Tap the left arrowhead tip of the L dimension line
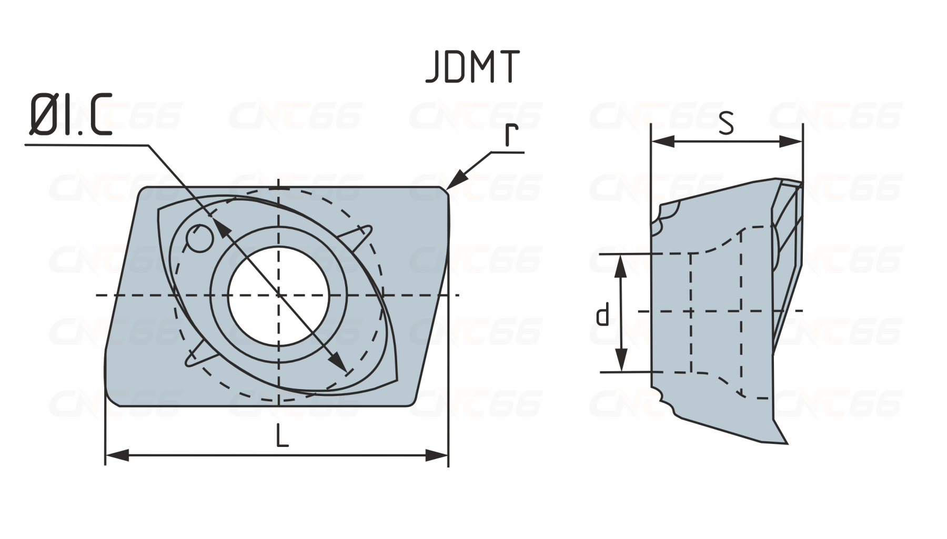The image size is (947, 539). (106, 455)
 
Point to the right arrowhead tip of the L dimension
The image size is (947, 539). (448, 455)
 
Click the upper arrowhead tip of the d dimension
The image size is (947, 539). (621, 255)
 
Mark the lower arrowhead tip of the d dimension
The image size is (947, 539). (621, 372)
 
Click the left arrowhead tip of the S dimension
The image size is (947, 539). (652, 141)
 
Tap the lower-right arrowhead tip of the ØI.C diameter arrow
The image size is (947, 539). (347, 371)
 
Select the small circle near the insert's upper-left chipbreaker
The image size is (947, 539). (200, 238)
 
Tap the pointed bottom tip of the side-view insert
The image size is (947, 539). (787, 443)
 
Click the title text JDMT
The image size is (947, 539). (472, 67)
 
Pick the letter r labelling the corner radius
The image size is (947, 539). (510, 135)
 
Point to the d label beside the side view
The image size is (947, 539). (603, 314)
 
